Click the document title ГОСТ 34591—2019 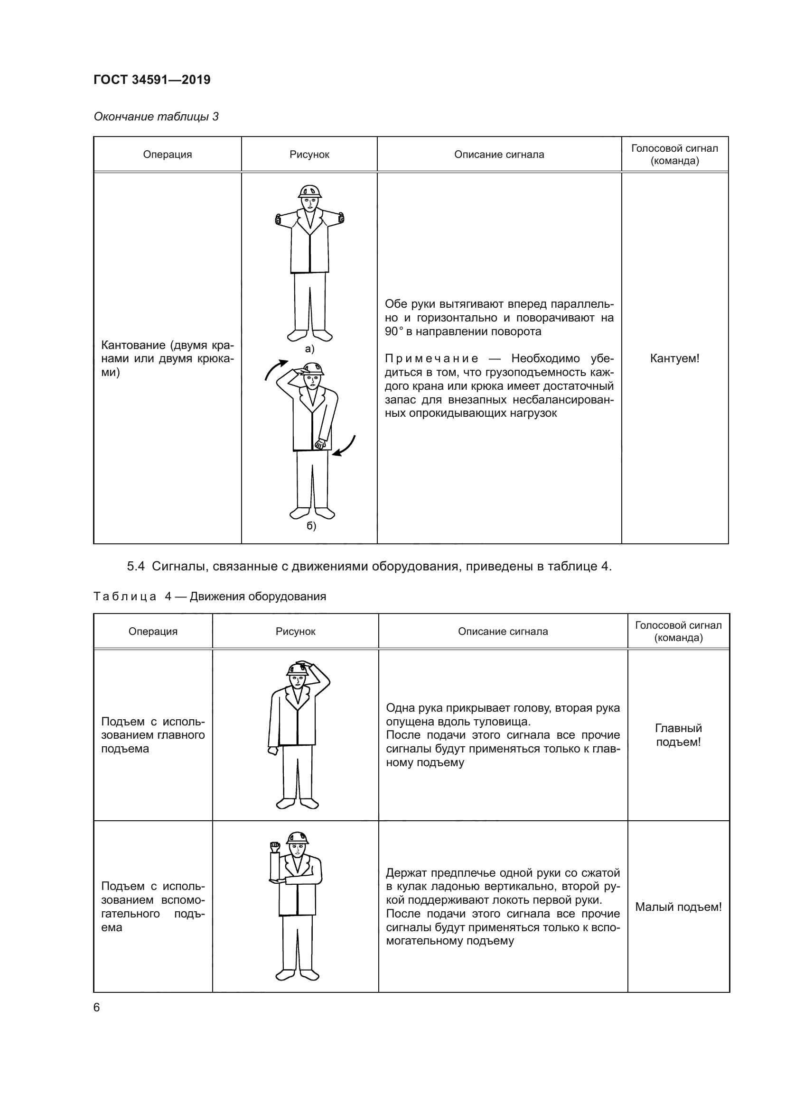coord(152,80)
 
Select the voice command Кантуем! coord(674,358)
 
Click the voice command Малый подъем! coord(678,907)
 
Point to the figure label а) coord(310,349)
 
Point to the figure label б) coord(311,526)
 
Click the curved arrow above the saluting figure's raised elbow coord(275,369)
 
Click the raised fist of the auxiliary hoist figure coord(274,847)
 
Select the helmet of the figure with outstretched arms coord(310,191)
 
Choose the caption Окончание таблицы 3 coord(156,117)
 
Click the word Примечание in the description coord(431,358)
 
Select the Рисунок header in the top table coord(309,155)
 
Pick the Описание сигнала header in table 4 coord(503,631)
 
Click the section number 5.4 coord(136,567)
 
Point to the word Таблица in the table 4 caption coord(125,596)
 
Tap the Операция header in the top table coord(167,155)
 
